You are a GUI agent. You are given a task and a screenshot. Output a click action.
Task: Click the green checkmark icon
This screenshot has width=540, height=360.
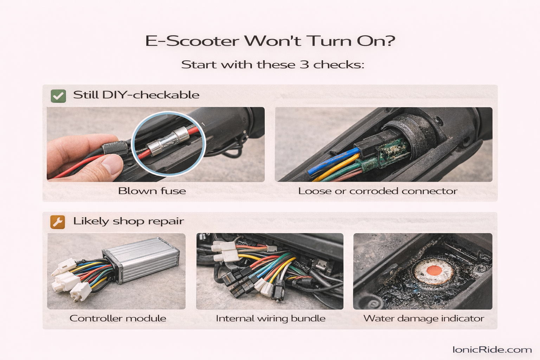pyautogui.click(x=58, y=96)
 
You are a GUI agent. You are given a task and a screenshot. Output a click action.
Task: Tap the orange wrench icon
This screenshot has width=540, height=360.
pyautogui.click(x=58, y=222)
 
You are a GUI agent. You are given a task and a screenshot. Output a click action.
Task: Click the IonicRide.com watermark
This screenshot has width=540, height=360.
pyautogui.click(x=492, y=349)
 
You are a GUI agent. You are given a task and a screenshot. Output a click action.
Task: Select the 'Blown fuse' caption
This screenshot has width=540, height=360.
pyautogui.click(x=152, y=191)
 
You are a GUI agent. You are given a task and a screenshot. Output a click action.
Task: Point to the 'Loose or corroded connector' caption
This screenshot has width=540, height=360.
pyautogui.click(x=378, y=191)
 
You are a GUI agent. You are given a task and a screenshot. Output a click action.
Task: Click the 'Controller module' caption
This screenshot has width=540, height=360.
pyautogui.click(x=118, y=318)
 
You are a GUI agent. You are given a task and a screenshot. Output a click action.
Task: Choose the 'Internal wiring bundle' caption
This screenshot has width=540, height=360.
pyautogui.click(x=270, y=318)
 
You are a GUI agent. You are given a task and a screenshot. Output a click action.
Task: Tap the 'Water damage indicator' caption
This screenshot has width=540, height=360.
pyautogui.click(x=423, y=318)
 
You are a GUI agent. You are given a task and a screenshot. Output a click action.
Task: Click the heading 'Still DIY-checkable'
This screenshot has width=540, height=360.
pyautogui.click(x=136, y=95)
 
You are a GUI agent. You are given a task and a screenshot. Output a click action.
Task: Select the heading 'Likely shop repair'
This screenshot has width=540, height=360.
pyautogui.click(x=128, y=221)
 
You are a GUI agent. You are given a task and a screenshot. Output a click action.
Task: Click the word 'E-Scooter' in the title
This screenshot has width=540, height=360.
pyautogui.click(x=192, y=41)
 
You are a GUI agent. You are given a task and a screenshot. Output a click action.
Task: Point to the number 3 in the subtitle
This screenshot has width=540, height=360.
pyautogui.click(x=304, y=65)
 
